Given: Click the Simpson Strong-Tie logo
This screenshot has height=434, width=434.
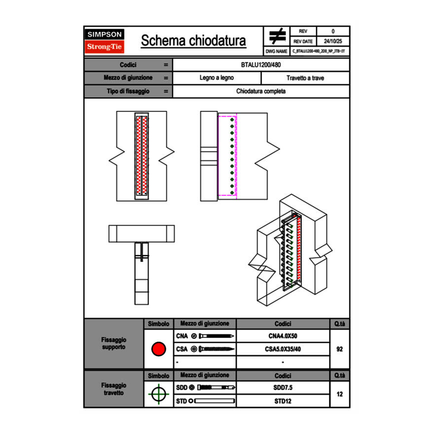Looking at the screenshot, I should pyautogui.click(x=105, y=41).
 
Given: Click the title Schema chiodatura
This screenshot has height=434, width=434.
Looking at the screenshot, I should pyautogui.click(x=193, y=41).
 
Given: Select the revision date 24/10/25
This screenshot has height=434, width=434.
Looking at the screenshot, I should pyautogui.click(x=333, y=41).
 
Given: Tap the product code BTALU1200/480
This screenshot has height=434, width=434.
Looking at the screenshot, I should pyautogui.click(x=261, y=65).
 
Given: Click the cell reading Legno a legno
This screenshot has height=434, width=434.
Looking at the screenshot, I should pyautogui.click(x=217, y=78).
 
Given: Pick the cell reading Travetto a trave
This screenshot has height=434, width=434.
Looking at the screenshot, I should pyautogui.click(x=305, y=78).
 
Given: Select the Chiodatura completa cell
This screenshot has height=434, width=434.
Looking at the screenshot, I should pyautogui.click(x=261, y=91).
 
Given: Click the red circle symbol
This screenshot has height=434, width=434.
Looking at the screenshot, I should pyautogui.click(x=158, y=349).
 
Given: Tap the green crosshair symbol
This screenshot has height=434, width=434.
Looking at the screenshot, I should pyautogui.click(x=158, y=395).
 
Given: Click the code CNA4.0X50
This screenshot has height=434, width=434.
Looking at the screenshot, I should pyautogui.click(x=283, y=336).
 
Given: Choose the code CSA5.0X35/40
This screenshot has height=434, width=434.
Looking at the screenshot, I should pyautogui.click(x=283, y=349).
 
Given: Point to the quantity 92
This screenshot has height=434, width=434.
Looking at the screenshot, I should pyautogui.click(x=339, y=349).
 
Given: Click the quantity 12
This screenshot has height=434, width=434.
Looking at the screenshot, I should pyautogui.click(x=339, y=395).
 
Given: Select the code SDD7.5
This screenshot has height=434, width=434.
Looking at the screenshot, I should pyautogui.click(x=283, y=388).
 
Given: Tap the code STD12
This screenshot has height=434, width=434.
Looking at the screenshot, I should pyautogui.click(x=283, y=401).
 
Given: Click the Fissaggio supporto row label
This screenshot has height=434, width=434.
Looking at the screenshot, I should pyautogui.click(x=113, y=343).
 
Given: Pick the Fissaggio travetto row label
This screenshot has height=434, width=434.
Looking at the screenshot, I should pyautogui.click(x=113, y=389).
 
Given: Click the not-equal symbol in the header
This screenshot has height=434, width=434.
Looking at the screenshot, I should pyautogui.click(x=277, y=36).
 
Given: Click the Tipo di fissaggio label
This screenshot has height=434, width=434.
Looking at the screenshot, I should pyautogui.click(x=128, y=91).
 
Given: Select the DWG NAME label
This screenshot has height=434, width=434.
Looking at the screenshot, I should pyautogui.click(x=277, y=51).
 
